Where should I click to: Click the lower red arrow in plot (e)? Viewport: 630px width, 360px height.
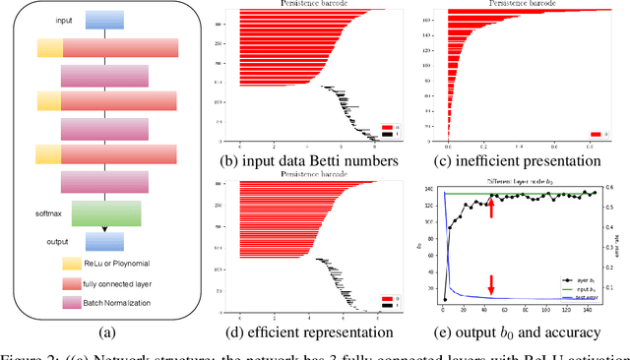coord(491,284)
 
